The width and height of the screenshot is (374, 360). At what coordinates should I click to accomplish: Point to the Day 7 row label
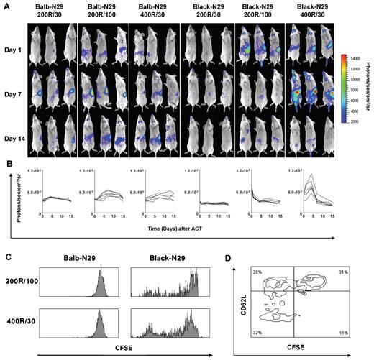14,95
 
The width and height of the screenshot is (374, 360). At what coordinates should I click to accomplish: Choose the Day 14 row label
14,137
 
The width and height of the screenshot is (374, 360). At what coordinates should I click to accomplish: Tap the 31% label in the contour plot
341,272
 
